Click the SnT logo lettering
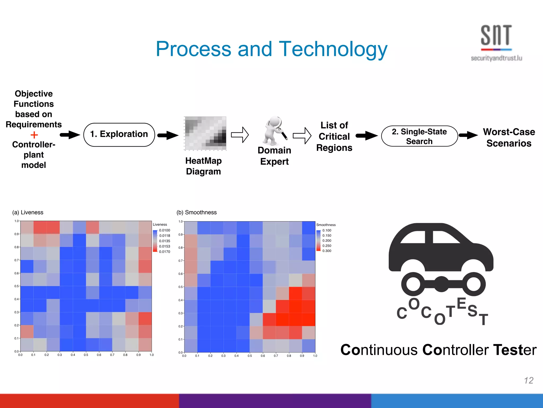(x=496, y=35)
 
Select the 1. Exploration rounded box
(x=119, y=134)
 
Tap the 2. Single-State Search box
(x=419, y=136)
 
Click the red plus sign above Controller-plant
(x=34, y=135)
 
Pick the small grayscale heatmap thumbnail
(x=205, y=133)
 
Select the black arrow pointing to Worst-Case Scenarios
(x=468, y=135)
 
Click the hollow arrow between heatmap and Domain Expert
(x=240, y=135)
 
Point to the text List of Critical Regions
(x=334, y=137)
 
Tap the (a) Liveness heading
(x=28, y=212)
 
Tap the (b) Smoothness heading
(x=196, y=212)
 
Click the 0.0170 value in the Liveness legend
(x=164, y=252)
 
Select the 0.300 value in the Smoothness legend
(x=327, y=251)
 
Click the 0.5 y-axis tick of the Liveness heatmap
(x=16, y=286)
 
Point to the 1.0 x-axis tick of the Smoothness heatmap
(x=315, y=356)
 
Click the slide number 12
(x=528, y=380)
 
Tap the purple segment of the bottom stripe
(x=275, y=401)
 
